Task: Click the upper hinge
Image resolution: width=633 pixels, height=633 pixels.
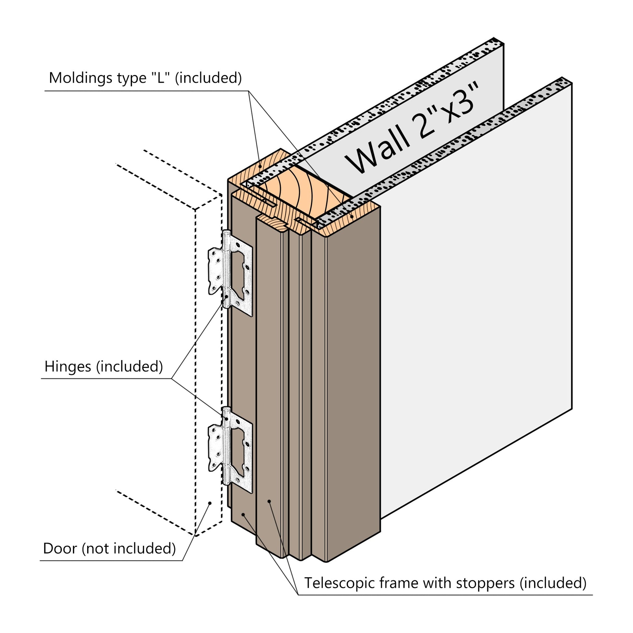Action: (x=230, y=273)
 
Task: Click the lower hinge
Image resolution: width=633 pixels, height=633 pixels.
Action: (x=230, y=450)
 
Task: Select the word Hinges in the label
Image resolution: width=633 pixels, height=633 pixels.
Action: (x=68, y=367)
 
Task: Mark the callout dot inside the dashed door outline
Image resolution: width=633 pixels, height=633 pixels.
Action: (x=210, y=512)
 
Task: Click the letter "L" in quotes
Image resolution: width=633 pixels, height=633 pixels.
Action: (x=161, y=78)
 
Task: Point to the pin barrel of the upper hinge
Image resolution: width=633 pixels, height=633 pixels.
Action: (x=226, y=269)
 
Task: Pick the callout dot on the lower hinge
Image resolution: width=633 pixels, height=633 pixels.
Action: (x=227, y=419)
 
